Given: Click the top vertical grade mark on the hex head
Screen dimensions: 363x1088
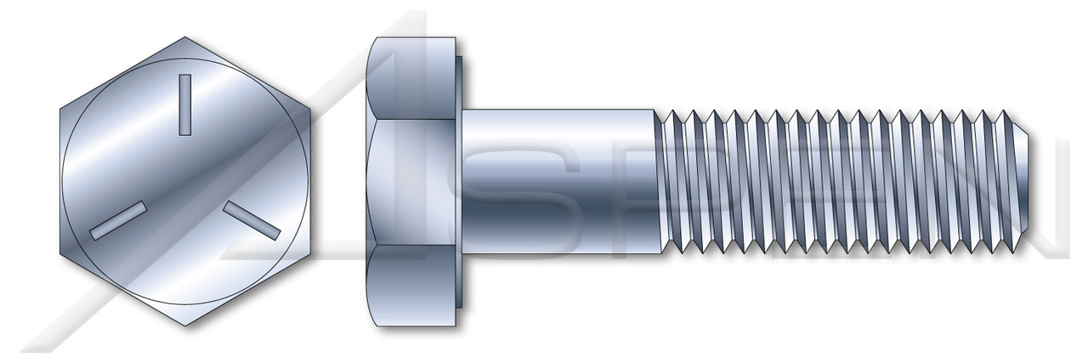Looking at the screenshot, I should (x=184, y=105).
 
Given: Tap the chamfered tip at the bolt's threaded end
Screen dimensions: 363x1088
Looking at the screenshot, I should (x=1023, y=180).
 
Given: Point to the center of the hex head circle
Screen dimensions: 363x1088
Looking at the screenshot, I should (x=184, y=180).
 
